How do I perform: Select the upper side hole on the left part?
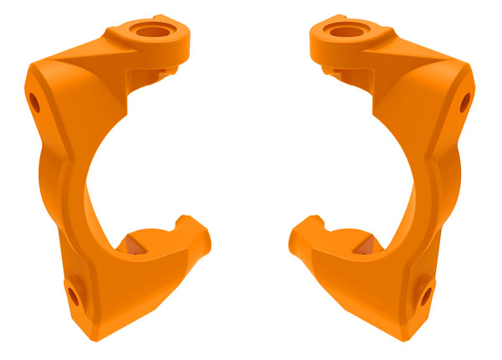coord(34,102)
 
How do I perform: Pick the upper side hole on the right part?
coord(467,102)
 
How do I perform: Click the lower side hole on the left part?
coord(74,294)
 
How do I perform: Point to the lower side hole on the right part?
coord(427,294)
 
